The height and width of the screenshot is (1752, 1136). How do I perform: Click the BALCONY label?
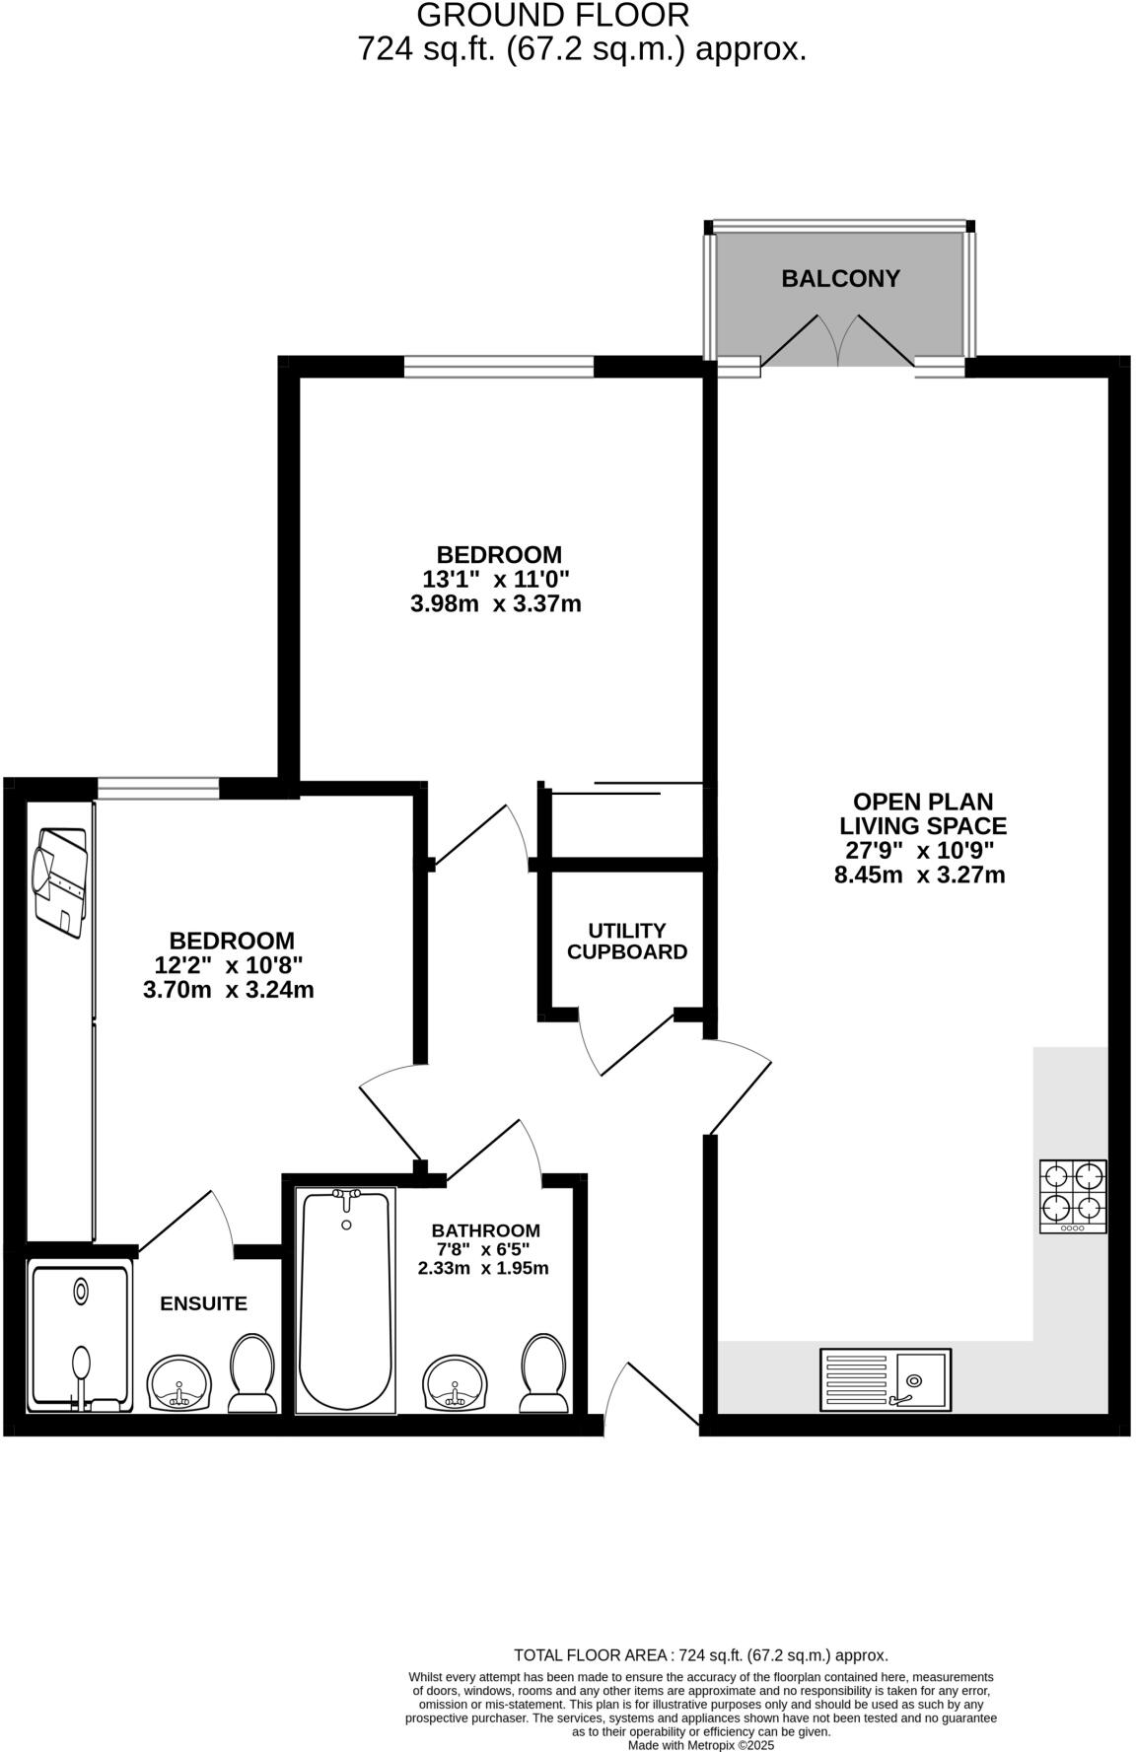click(x=840, y=279)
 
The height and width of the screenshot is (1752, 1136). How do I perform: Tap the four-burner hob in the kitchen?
click(x=1073, y=1195)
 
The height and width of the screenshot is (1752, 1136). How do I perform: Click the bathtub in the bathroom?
click(x=345, y=1300)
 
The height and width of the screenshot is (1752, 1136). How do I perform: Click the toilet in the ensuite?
click(x=252, y=1373)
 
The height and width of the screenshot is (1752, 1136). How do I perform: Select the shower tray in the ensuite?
click(x=80, y=1337)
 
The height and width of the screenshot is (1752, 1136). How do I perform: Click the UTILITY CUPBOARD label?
click(x=627, y=942)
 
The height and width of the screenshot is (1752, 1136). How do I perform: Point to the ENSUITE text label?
click(x=204, y=1303)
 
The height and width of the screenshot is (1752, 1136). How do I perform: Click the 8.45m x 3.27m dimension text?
click(x=919, y=875)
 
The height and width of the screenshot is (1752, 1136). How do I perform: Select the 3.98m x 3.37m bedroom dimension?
click(x=495, y=603)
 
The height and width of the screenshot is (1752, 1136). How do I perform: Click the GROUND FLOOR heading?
click(x=552, y=16)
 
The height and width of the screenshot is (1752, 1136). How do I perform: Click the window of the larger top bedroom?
click(x=499, y=367)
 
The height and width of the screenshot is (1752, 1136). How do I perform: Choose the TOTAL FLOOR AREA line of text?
click(x=701, y=1655)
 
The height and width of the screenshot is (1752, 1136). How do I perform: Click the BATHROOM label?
click(x=485, y=1230)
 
